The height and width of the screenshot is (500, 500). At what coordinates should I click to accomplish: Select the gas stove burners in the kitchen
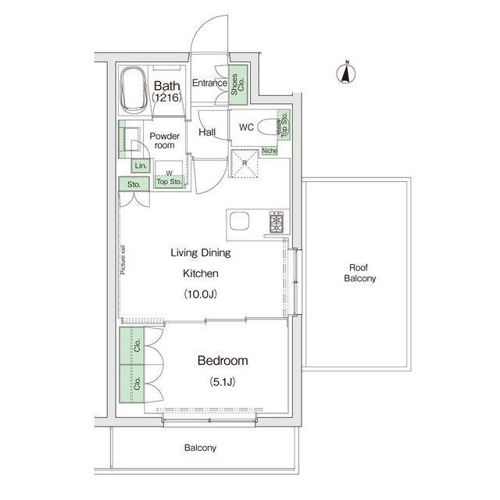point(276,222)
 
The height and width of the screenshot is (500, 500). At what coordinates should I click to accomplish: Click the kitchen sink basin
point(240,221)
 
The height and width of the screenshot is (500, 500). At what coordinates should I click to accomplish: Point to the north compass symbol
point(346,73)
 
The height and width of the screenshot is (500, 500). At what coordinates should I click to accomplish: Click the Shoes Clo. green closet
point(238,84)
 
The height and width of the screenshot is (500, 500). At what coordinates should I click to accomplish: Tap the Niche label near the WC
point(270,151)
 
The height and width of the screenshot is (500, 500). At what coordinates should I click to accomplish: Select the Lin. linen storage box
point(141,166)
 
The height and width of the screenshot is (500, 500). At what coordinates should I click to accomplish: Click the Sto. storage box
point(134,184)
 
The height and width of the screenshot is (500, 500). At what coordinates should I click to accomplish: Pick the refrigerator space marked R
point(245,163)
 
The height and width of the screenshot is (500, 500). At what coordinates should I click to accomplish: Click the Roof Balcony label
point(359,273)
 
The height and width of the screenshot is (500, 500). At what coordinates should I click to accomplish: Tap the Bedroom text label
point(223,361)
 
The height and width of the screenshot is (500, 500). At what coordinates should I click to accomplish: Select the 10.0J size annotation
point(201,294)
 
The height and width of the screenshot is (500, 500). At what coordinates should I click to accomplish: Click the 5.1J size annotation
point(223,382)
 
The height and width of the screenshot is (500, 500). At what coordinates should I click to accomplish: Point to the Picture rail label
point(123,259)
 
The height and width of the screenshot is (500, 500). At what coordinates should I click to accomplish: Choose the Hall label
point(207,132)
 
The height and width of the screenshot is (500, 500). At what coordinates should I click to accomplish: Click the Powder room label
point(165,141)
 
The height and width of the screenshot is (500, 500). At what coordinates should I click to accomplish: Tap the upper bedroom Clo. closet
point(132,346)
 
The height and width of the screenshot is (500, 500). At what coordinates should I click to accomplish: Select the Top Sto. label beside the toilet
point(284,125)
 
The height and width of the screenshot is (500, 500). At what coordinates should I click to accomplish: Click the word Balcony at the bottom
point(200,448)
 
